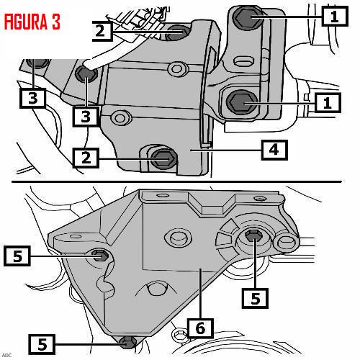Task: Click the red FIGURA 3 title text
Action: coord(32,22)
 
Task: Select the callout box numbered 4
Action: coord(274,150)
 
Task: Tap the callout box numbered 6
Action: coord(201,328)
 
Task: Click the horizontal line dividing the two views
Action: coord(176,182)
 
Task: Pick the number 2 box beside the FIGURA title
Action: coord(102,31)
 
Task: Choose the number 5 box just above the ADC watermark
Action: coord(42,344)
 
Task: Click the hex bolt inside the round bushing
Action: coord(254,235)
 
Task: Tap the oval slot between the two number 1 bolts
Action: coord(243,60)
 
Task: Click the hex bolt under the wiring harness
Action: coord(175,33)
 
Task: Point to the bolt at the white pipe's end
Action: coord(86,73)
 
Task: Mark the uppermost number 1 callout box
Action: coord(335,16)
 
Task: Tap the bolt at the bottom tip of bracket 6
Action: coord(128,343)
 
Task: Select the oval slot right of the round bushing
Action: coord(287,242)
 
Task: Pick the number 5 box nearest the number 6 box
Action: coord(255,298)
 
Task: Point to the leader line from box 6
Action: coord(201,293)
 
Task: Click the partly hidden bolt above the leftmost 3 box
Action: coord(37,63)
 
